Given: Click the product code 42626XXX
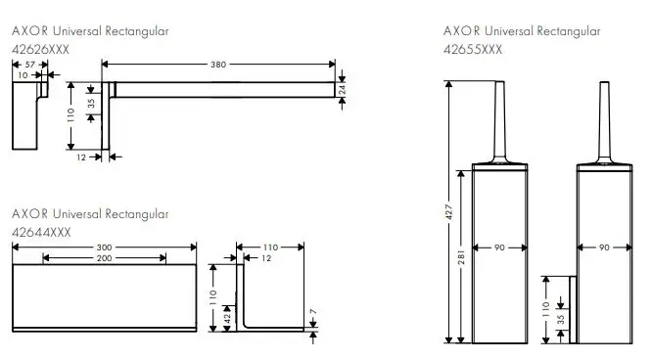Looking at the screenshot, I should point(40,46).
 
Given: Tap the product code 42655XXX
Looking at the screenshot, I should point(473,46).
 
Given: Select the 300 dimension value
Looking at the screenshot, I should point(103,247).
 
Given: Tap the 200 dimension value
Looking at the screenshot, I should point(103,258).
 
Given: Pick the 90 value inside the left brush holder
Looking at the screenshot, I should point(499,248).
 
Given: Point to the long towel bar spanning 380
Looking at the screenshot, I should point(225,90).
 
